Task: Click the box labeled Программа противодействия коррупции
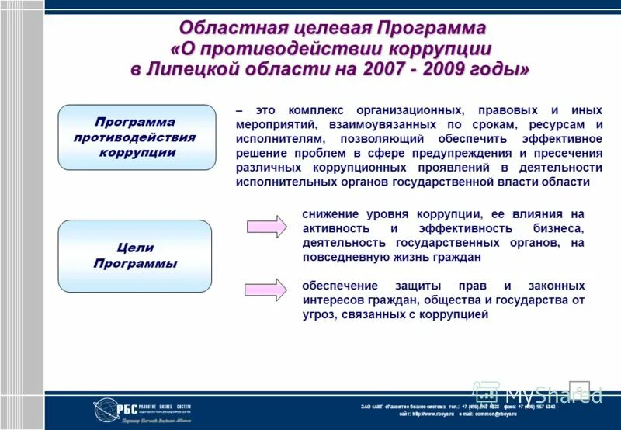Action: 137,137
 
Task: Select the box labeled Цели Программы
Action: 135,256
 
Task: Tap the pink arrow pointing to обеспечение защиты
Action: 267,289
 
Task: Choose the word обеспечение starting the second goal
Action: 339,286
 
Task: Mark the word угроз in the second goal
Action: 320,314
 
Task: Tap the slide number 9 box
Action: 580,388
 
